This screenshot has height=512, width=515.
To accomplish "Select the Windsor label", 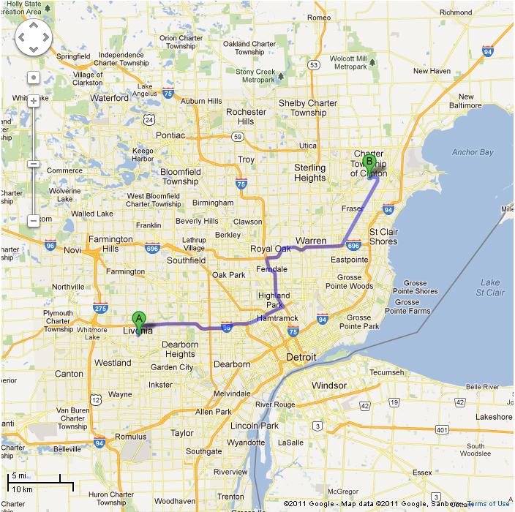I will coord(328,385).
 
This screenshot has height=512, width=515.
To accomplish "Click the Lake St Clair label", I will coord(490,287).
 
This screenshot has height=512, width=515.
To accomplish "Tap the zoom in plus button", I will coord(34,100).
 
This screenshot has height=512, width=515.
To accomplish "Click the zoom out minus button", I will coord(34,220).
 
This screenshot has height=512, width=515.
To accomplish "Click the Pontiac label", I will coord(170,135).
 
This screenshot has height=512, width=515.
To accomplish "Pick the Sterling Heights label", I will coord(309,173).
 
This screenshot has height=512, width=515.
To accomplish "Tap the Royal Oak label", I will coord(271,249).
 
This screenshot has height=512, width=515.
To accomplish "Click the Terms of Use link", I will coord(488,504).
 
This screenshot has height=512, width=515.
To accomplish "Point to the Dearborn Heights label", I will coord(180,350).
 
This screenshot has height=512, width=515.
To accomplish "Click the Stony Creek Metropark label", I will coord(255,75).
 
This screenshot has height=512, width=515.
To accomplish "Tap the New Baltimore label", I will coord(459,101).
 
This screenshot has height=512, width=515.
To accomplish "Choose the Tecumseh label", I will coord(386,372).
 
